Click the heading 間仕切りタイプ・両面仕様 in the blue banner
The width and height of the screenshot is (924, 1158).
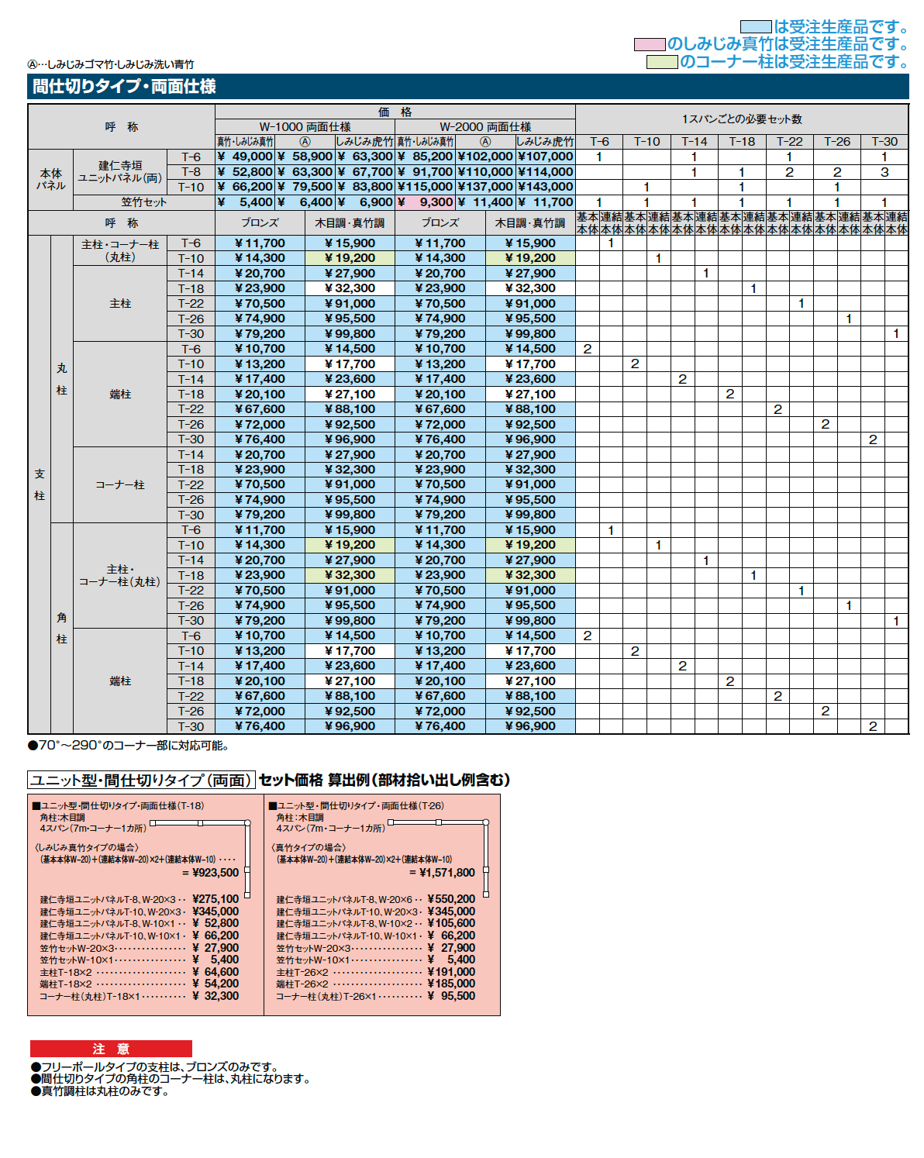click(124, 86)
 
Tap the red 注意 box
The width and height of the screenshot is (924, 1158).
click(111, 1049)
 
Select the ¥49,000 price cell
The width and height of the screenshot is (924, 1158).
click(245, 157)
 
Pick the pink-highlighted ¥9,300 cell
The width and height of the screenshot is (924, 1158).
click(426, 202)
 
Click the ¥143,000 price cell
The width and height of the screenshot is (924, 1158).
click(546, 187)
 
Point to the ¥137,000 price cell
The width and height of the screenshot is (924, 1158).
click(485, 187)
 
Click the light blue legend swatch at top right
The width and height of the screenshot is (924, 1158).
click(755, 27)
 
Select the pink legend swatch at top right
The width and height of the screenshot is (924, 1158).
click(650, 44)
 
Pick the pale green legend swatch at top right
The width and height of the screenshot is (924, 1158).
click(662, 62)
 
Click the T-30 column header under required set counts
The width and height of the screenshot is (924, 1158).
click(884, 141)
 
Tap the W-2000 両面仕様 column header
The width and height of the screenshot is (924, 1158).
click(485, 126)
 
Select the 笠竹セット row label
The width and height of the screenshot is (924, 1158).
click(143, 202)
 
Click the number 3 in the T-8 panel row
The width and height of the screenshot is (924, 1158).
click(884, 172)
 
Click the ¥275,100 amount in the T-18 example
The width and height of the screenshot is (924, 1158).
click(215, 899)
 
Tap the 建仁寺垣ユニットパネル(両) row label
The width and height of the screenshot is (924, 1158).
click(120, 171)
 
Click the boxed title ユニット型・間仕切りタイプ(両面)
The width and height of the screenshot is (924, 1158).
click(141, 780)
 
